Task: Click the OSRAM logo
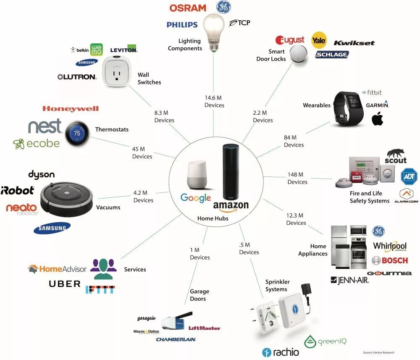click(188, 8)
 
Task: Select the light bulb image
click(215, 32)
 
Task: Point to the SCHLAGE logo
click(332, 55)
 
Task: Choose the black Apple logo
click(378, 118)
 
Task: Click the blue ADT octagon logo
click(409, 176)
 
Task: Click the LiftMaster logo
click(204, 328)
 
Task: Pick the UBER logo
click(65, 284)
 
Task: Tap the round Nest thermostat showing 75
click(76, 133)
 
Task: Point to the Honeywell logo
click(71, 109)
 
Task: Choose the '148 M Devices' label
click(297, 178)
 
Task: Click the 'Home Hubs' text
click(212, 218)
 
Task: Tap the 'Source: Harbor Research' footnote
click(378, 352)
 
